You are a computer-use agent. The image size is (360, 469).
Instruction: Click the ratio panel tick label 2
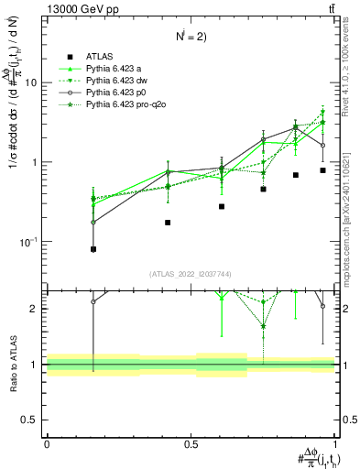35,309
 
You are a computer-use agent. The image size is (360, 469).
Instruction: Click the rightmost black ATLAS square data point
322,170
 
